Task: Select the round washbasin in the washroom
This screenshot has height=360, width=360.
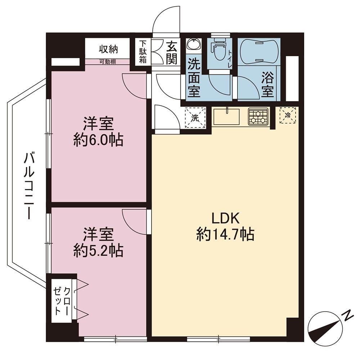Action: coord(194,44)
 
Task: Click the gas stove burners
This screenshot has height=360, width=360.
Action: coord(258,117)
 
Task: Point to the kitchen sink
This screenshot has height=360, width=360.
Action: coord(226,117)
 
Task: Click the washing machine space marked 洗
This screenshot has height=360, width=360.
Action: coord(195,117)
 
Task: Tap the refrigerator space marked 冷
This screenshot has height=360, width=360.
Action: coord(288,115)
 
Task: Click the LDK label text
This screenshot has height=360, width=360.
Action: coord(225,219)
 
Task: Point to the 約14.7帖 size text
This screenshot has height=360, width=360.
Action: coord(225,234)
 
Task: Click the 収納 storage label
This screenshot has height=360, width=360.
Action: coord(108,49)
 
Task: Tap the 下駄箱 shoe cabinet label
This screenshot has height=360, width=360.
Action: coord(143,52)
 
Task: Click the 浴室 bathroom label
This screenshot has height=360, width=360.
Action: coord(268,84)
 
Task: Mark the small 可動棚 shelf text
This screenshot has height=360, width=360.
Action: coord(107,62)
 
